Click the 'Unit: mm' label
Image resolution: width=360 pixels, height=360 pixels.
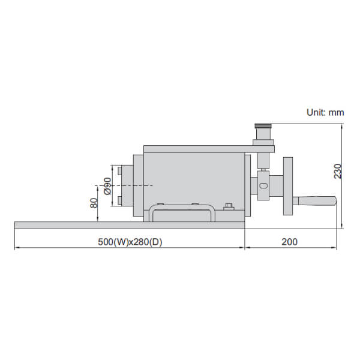(x=325, y=112)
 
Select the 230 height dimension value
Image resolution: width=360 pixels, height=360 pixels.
(x=338, y=172)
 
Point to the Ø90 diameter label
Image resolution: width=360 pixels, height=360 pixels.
(x=107, y=186)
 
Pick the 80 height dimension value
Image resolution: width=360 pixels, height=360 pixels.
(x=94, y=203)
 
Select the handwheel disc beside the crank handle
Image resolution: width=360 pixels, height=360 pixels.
(x=289, y=187)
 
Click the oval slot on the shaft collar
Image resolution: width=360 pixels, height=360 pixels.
(x=263, y=187)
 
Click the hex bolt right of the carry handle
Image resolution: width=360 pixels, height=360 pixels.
(x=228, y=208)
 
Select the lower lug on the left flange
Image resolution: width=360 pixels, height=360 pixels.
(x=121, y=200)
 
